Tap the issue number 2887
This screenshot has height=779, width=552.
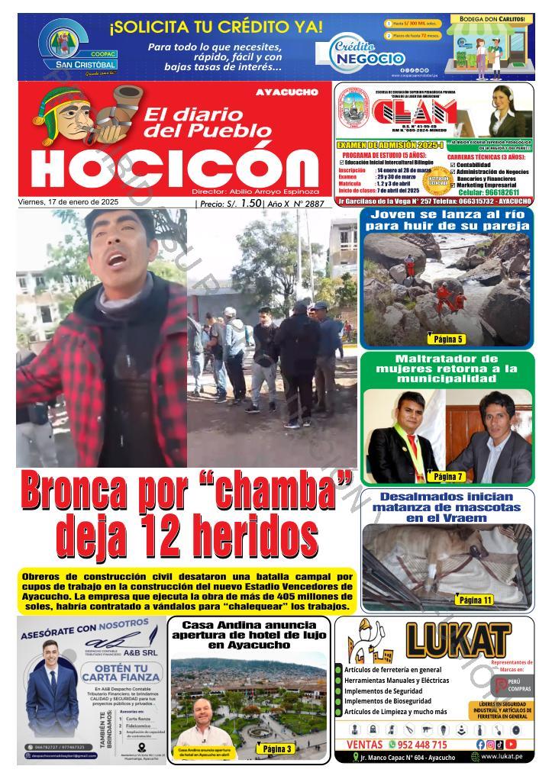point(313,204)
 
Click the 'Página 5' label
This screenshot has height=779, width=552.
point(448,338)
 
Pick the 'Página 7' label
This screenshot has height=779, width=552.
point(448,476)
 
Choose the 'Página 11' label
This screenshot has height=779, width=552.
point(474,600)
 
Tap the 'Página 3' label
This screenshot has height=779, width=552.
point(277,748)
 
